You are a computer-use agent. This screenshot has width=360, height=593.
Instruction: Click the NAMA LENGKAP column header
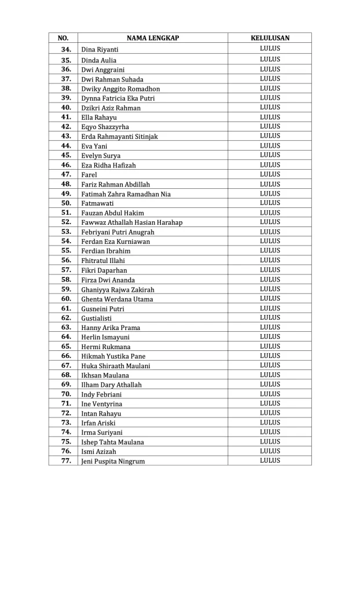coord(153,38)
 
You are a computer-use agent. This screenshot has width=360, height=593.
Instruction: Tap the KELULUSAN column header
coord(270,38)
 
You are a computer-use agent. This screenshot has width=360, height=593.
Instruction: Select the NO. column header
coord(64,38)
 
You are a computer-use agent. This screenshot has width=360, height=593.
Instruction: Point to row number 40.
coord(65,108)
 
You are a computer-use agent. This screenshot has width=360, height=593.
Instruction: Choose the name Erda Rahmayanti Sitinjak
coord(119,137)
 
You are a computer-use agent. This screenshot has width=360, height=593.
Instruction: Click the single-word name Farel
coord(89,175)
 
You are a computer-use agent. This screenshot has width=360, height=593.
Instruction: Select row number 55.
coord(65,251)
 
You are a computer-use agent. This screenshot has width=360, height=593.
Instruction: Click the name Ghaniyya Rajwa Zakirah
coord(117,290)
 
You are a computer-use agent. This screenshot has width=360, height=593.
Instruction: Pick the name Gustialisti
coord(97,318)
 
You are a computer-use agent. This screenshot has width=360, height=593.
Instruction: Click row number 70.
coord(65,394)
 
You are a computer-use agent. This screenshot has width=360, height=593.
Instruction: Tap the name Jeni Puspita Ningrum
coord(113,462)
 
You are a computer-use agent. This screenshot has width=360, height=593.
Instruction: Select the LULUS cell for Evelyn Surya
coord(270,155)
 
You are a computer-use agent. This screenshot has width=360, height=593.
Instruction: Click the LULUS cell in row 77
coord(270,460)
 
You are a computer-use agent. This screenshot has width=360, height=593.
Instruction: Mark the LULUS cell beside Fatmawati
coord(270,203)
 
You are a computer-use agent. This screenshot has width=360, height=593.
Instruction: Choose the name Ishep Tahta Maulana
coord(112,442)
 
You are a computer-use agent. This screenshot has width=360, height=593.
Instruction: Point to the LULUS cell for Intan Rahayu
coord(270,413)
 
